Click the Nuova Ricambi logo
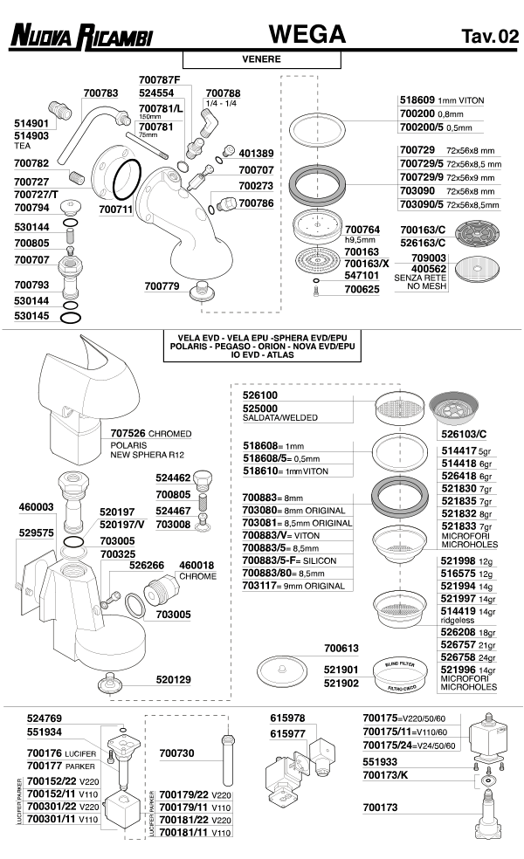pos(80,35)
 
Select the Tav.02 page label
pos(489,36)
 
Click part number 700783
pos(100,93)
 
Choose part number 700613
pos(341,649)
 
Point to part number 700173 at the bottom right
pos(381,808)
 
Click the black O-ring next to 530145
pos(73,318)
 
